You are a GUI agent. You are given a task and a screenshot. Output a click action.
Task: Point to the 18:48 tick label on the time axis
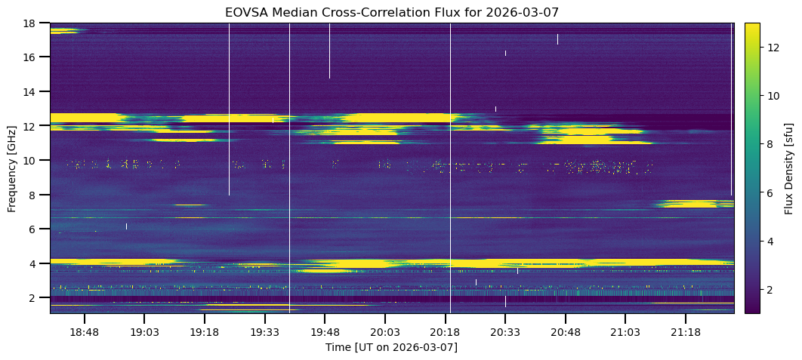[84, 332]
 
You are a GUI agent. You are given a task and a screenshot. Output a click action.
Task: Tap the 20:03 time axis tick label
[384, 332]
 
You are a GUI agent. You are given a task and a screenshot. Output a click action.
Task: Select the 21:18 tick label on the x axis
[684, 332]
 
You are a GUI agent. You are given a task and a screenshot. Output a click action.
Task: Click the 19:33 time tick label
[264, 332]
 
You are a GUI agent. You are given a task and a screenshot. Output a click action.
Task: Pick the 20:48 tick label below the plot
[564, 332]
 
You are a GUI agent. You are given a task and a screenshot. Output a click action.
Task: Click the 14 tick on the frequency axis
[31, 91]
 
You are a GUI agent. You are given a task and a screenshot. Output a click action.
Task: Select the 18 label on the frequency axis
[31, 23]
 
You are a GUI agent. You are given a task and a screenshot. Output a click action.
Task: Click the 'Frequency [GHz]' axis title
[12, 168]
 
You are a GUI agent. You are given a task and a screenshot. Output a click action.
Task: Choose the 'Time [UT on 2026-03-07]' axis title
[391, 347]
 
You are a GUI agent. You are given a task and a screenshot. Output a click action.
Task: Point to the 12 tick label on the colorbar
[773, 48]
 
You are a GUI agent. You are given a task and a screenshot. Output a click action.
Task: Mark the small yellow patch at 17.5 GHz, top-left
[63, 31]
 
